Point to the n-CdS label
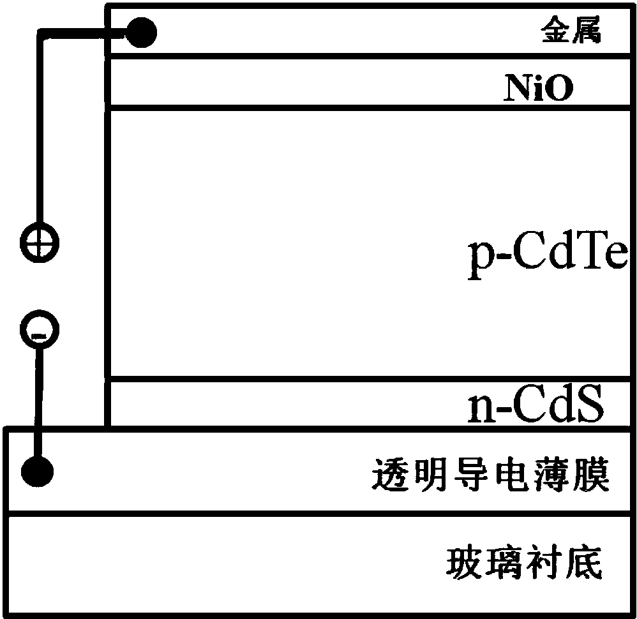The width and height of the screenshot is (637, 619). pos(535,406)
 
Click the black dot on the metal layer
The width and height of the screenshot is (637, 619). pos(139,31)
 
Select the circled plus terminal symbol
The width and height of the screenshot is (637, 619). pos(38,243)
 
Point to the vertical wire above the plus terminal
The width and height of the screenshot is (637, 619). pos(39,128)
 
